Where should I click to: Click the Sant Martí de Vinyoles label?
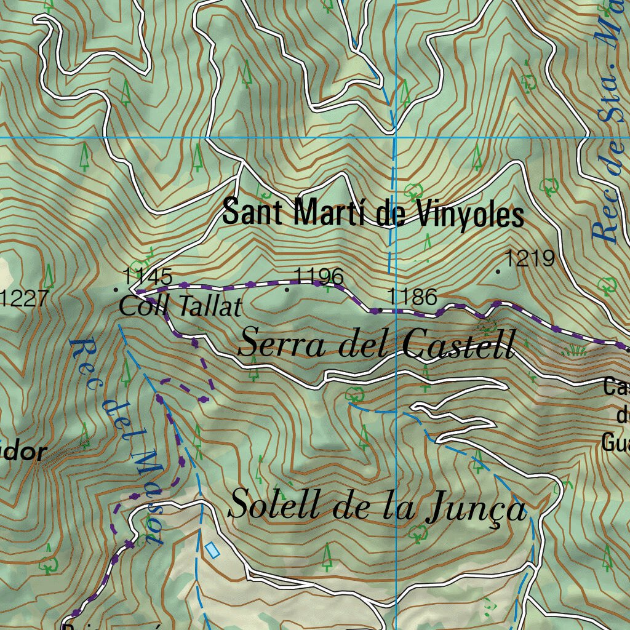[373, 213]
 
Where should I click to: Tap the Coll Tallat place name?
[180, 306]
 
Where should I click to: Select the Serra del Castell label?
[376, 343]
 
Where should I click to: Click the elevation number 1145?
[148, 275]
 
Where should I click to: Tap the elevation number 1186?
[412, 297]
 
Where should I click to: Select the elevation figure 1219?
[530, 259]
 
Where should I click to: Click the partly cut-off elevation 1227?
[23, 299]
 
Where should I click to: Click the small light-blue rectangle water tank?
[212, 550]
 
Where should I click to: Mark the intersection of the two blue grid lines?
[394, 137]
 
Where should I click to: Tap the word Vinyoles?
[469, 213]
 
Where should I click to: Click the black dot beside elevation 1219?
[498, 271]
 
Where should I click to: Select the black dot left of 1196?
[287, 288]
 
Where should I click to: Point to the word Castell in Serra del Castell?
[458, 344]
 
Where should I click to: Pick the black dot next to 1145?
[116, 288]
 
